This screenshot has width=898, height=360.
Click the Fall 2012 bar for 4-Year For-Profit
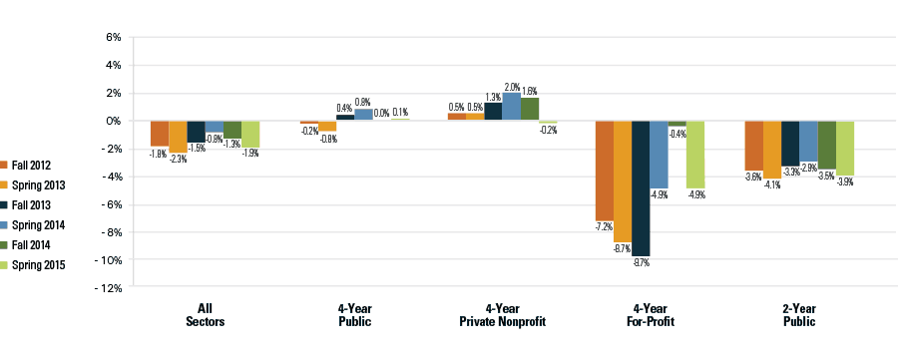[605, 171]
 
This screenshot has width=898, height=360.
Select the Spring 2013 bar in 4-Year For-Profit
[623, 180]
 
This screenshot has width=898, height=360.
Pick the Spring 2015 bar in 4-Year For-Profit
[695, 155]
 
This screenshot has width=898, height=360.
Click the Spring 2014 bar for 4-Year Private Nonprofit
[511, 107]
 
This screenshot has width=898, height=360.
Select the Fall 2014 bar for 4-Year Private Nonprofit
[529, 109]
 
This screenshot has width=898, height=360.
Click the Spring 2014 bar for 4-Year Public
[362, 115]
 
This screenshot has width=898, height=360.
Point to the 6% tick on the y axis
[112, 37]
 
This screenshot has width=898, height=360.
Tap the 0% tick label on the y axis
[112, 121]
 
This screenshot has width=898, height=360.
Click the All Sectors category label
[205, 315]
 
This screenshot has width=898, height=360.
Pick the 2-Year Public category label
[798, 315]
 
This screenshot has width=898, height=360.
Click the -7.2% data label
[604, 227]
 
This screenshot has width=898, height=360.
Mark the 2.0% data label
[512, 87]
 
